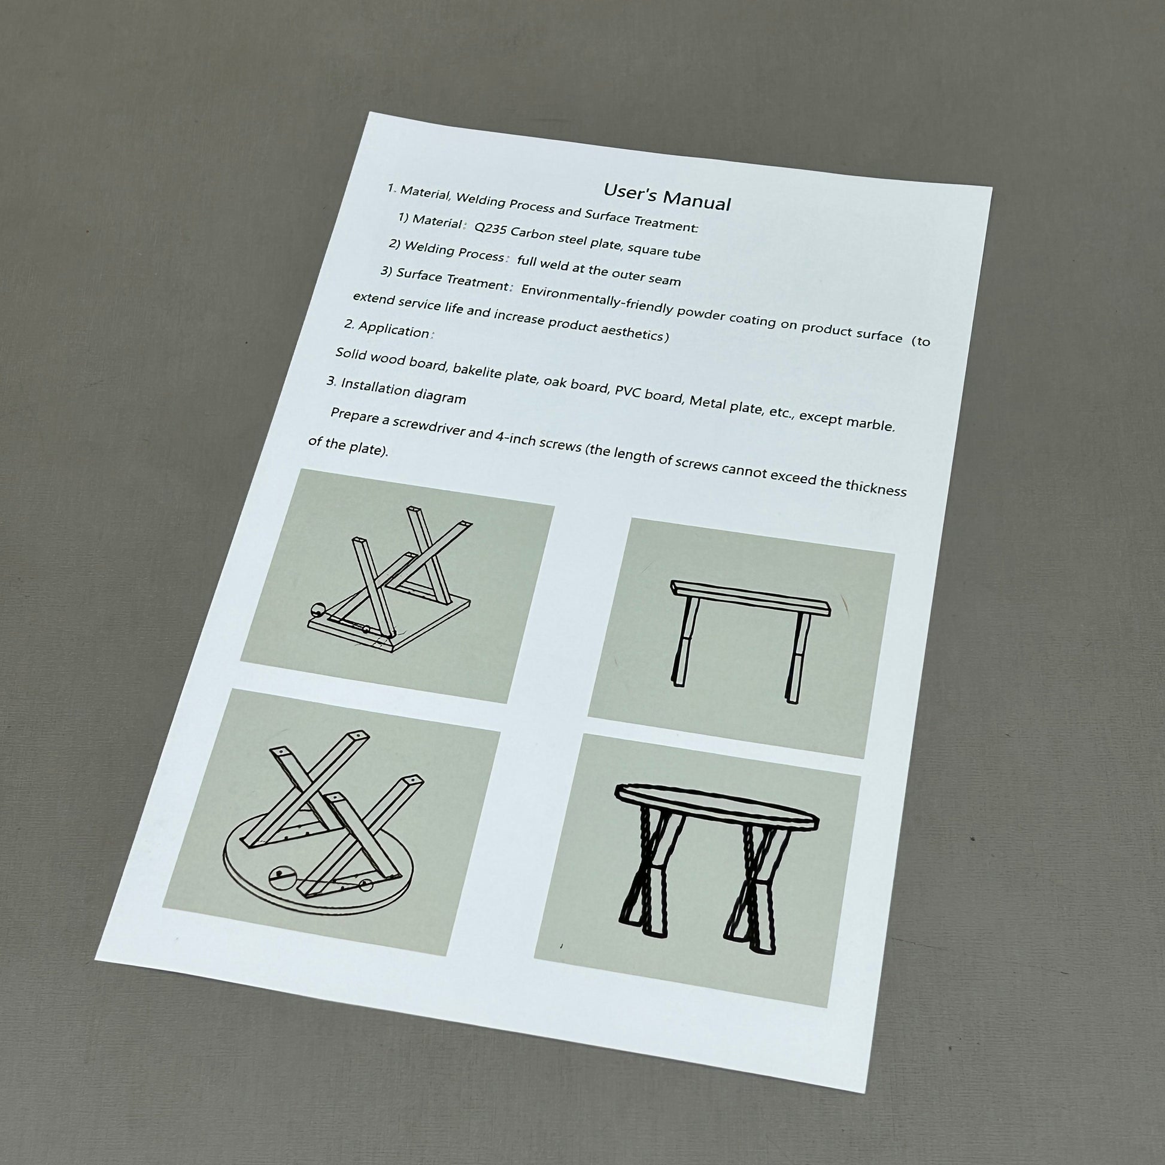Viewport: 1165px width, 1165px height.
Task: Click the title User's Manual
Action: (667, 196)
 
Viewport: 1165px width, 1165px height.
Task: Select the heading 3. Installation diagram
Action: (396, 391)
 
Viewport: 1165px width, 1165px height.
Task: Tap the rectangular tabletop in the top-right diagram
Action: (751, 595)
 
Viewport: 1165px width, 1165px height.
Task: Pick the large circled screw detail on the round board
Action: (281, 878)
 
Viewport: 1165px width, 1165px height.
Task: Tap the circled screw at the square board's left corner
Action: (317, 609)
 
